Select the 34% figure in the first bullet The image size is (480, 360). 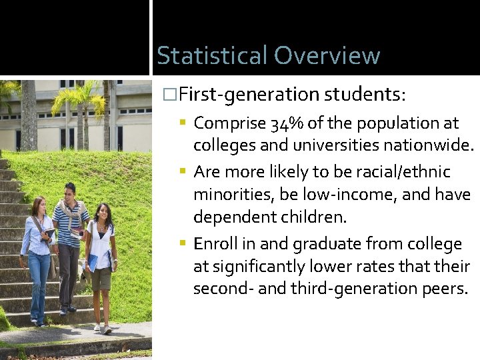tap(285, 123)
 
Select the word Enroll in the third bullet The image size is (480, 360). tap(215, 244)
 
